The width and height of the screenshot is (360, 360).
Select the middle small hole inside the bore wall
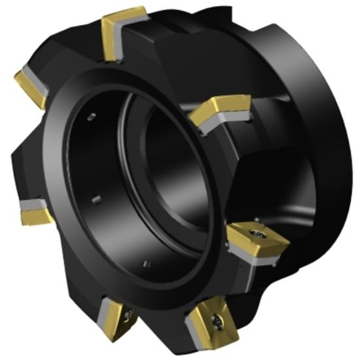(96, 200)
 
